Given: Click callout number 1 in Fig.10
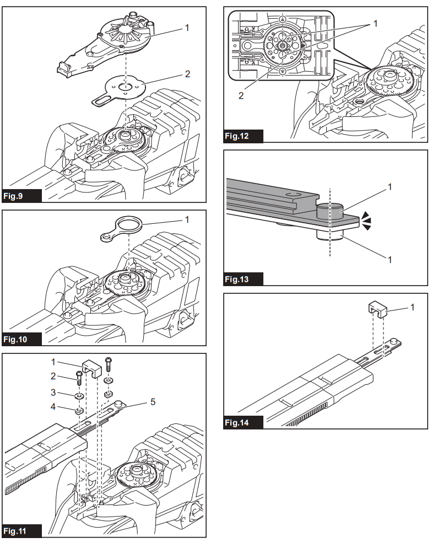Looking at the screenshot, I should [x=186, y=219].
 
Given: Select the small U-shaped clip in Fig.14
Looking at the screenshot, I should [x=377, y=309].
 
